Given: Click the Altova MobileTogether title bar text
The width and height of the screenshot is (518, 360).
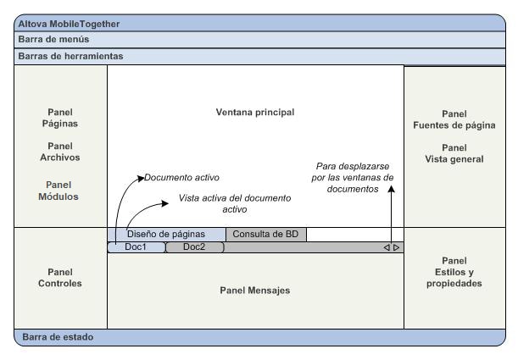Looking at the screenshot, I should pos(69,24).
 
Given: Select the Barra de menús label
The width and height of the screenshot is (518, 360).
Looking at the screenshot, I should pos(53,39).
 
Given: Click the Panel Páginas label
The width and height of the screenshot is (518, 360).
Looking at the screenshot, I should pos(60,119).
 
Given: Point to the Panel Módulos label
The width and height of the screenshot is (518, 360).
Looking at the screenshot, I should pos(60,191).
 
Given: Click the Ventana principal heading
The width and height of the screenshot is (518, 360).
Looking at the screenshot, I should pos(254,112).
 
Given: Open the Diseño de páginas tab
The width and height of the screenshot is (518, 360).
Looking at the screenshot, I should pos(166,235).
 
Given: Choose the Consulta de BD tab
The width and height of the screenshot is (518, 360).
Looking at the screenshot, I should pos(266,235).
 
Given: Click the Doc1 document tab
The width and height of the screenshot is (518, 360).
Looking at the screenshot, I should pos(136,247).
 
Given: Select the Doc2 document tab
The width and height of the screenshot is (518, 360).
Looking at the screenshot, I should pos(193,247).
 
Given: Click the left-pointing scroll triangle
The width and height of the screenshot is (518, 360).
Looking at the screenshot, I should pos(387,248).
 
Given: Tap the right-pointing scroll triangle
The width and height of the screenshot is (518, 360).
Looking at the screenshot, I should pos(396,248).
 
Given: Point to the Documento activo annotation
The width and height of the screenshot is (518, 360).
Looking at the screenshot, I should pos(181,178).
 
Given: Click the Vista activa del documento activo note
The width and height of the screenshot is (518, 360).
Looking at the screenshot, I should pos(234,203).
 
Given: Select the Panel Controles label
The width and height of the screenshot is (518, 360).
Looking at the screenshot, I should pos(60,278).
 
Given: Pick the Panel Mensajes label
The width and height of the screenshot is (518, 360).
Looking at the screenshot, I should pos(254,291).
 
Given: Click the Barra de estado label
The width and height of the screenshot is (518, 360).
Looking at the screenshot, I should pos(58,337).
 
